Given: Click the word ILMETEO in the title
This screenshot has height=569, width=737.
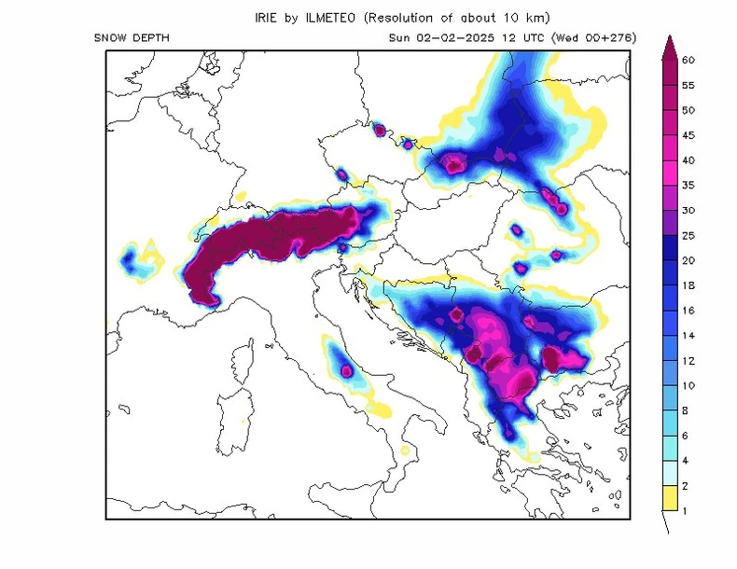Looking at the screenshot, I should [x=326, y=18].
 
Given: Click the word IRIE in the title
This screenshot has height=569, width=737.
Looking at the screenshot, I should [x=266, y=18].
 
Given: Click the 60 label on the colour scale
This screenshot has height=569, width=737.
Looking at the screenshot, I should [x=688, y=60].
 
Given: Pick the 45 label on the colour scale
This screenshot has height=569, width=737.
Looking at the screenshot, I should [x=688, y=135].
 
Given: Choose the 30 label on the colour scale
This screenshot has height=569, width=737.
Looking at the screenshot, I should [x=688, y=211].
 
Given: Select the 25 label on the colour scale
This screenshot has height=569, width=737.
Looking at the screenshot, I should [x=688, y=235].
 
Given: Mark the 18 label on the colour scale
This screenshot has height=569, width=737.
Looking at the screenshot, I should [x=688, y=285].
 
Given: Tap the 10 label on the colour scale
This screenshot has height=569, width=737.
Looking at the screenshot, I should [x=688, y=385].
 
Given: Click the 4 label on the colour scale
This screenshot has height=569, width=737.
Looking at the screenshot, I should [x=688, y=461].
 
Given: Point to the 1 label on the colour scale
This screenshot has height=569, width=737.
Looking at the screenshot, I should [x=688, y=511].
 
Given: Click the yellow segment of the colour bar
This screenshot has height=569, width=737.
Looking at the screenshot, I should [x=668, y=498].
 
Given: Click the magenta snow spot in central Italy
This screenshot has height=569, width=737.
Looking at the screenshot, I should [x=347, y=369].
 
